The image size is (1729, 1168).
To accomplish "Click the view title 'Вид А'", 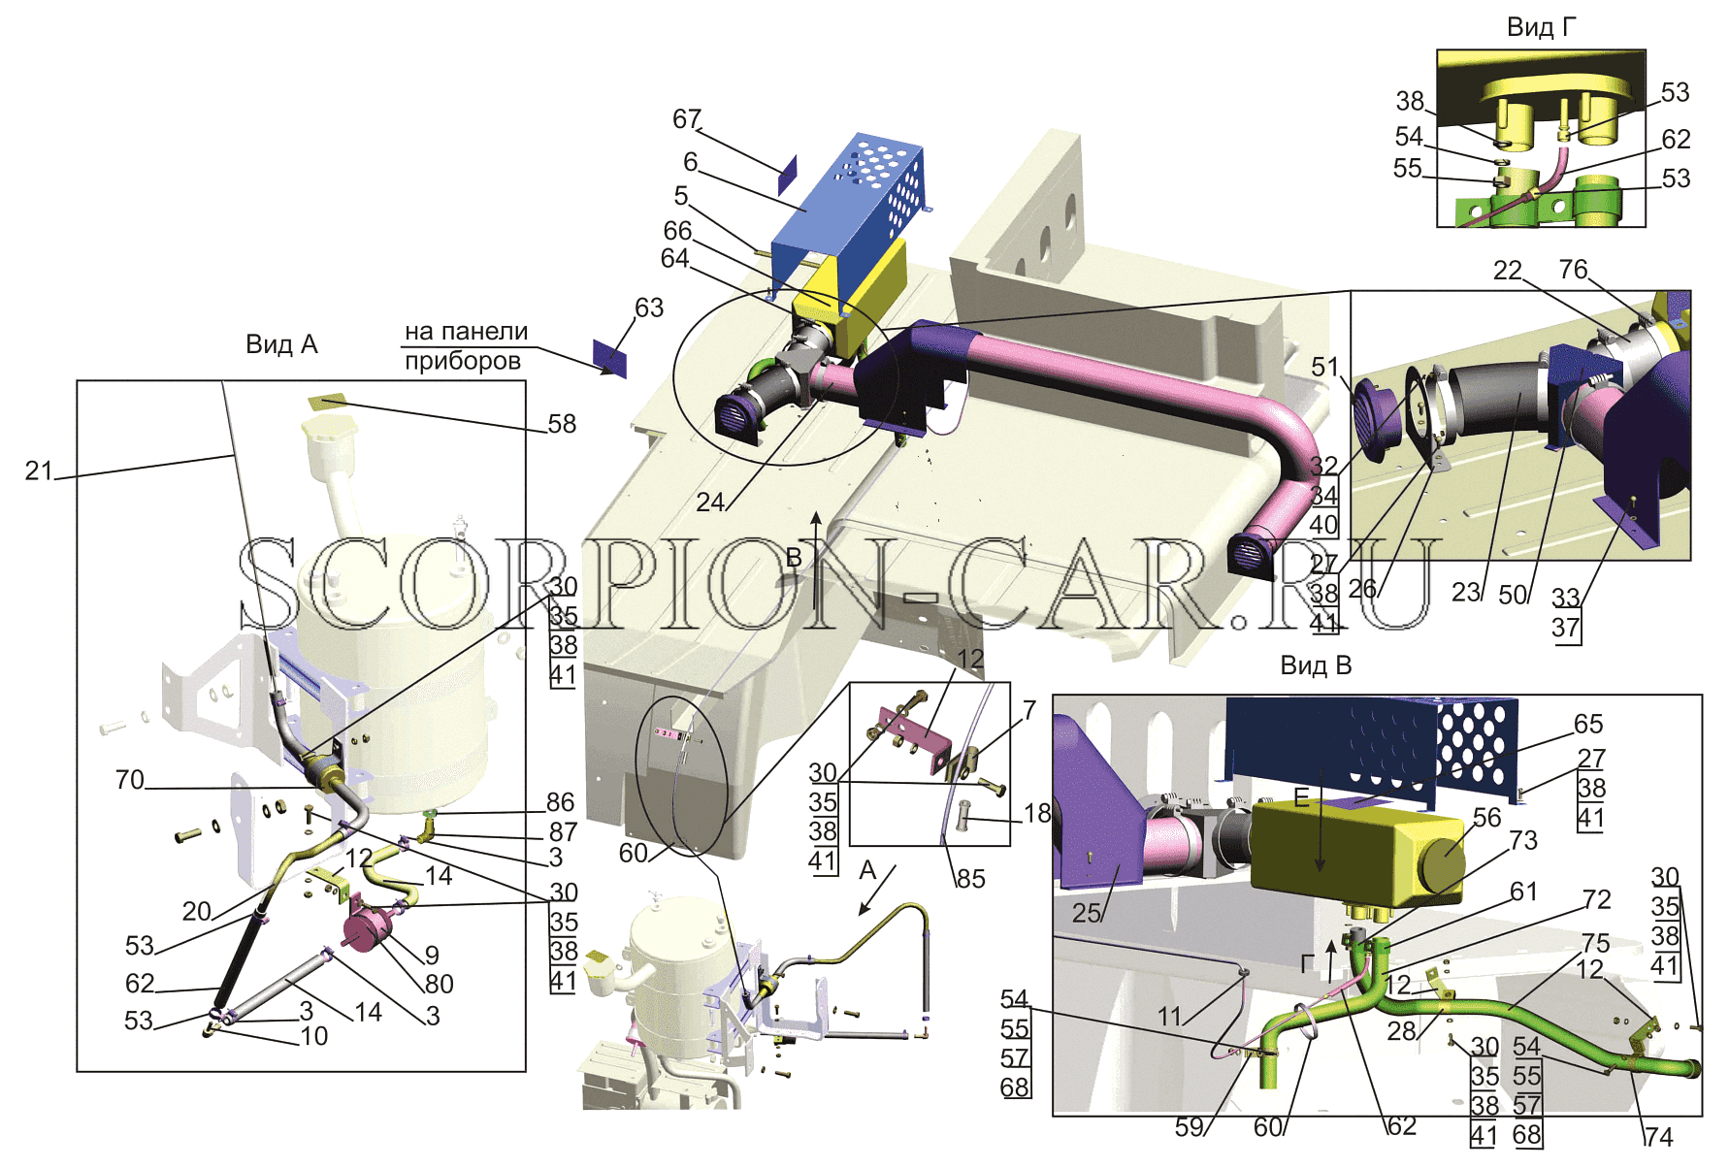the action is pos(281,344).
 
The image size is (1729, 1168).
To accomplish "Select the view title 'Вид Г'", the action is pos(1542,27).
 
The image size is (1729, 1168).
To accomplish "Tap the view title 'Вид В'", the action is pos(1316,665).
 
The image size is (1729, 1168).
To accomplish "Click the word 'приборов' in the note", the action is pos(463,362).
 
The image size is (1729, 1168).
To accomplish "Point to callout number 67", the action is pos(687,118).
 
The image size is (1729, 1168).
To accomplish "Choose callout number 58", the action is pos(562,424).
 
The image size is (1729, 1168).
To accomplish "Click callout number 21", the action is pos(39,470).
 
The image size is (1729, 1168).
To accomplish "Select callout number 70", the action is pos(129,780).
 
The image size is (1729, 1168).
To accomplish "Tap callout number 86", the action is pos(560,802).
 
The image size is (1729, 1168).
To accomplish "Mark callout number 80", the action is pos(439,985).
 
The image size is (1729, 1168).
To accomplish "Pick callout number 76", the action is pos(1573,269).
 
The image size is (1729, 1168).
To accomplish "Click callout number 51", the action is pos(1324,367).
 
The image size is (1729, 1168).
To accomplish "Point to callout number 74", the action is pos(1658,1137).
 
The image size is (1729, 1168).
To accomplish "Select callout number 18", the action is pos(1036,813).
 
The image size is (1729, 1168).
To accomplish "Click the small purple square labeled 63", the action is pos(610,358).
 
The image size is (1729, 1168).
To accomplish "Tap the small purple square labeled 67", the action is pos(787,174).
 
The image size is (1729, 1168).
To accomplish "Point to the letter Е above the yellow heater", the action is pos(1301,799).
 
